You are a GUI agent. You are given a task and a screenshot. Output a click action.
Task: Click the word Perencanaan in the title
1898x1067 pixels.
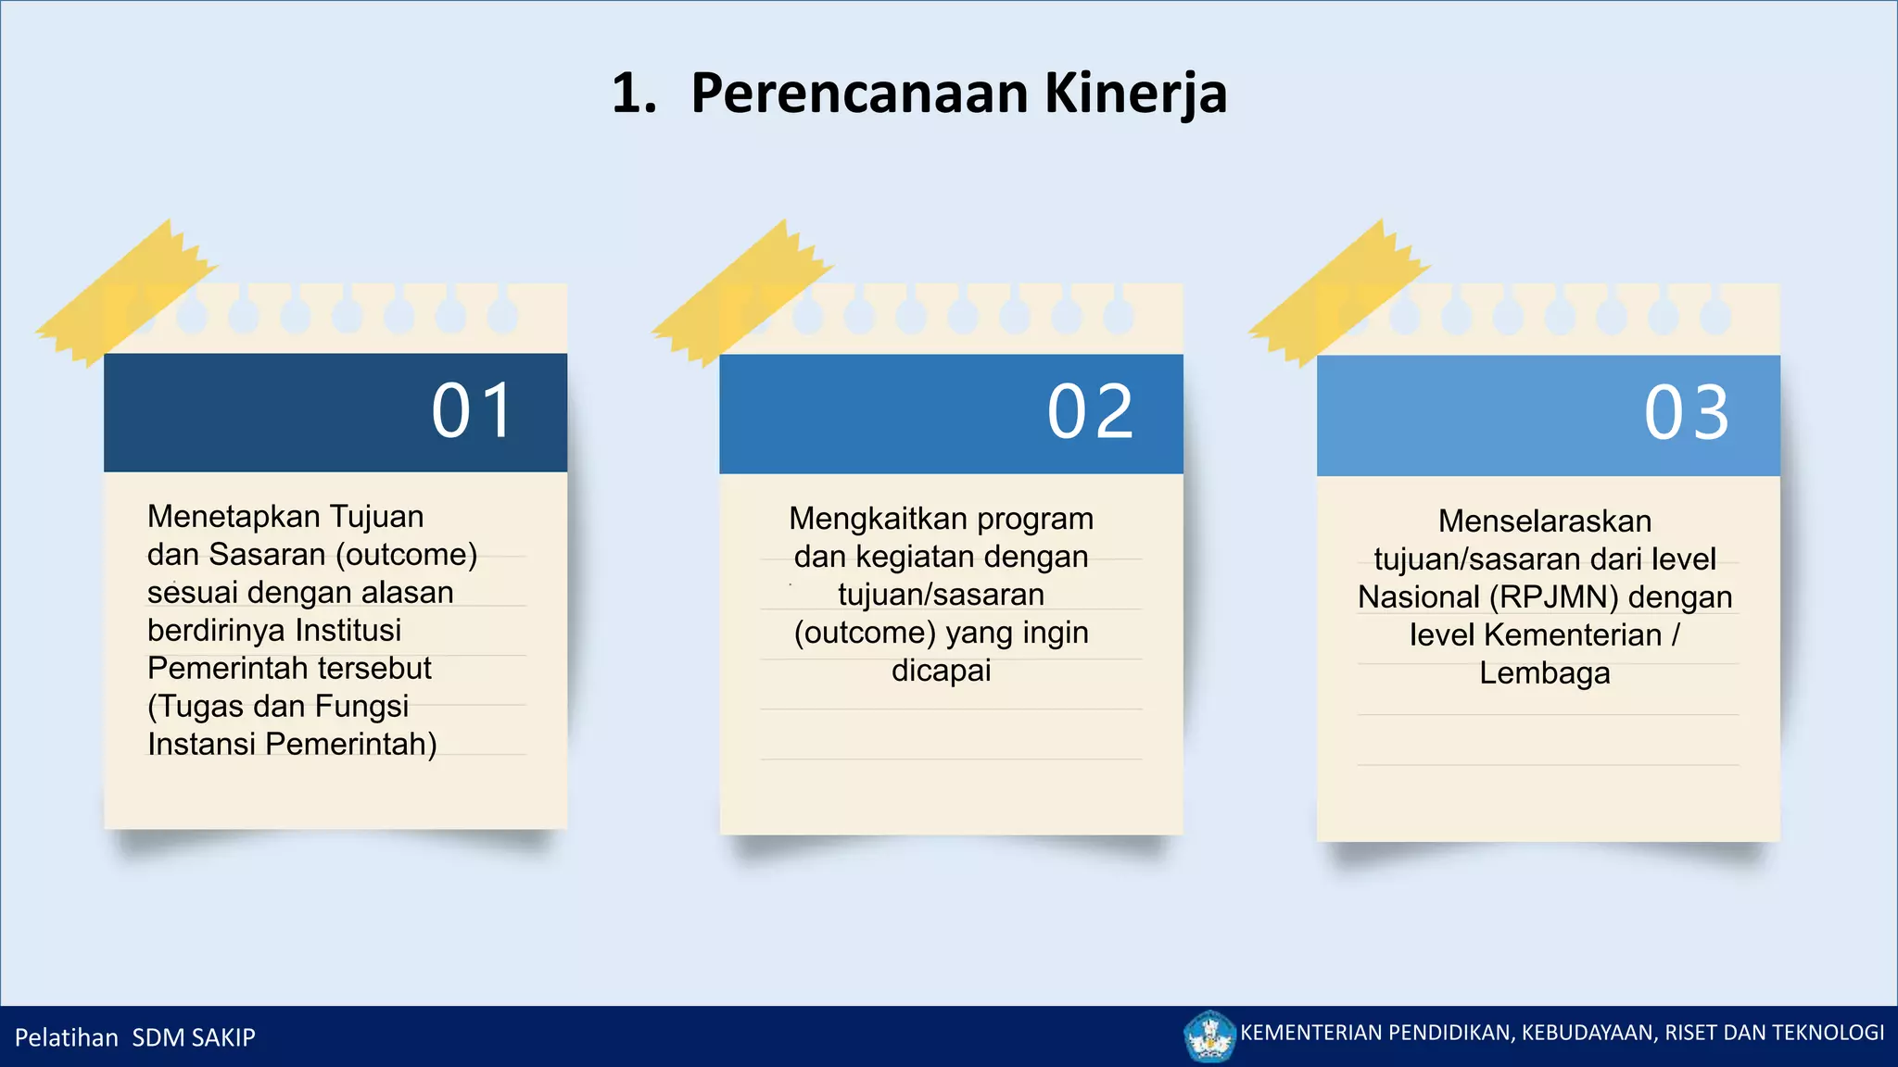click(x=859, y=94)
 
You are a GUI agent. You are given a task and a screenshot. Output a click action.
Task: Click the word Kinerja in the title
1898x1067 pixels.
click(x=1135, y=94)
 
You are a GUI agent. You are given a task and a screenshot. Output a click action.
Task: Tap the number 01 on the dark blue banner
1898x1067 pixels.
click(x=473, y=410)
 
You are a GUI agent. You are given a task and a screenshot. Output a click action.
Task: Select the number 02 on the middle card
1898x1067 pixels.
click(x=1090, y=412)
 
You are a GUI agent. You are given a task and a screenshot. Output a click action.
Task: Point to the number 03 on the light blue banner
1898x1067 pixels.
click(x=1687, y=412)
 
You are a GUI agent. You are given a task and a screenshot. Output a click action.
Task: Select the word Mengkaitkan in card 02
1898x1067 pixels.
click(x=861, y=519)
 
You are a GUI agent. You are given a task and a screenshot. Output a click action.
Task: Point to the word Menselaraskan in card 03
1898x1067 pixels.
click(x=1545, y=521)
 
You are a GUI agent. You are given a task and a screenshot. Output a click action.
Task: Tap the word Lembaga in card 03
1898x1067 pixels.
click(x=1544, y=673)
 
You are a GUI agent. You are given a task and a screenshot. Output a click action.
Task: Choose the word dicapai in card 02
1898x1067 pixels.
click(x=941, y=671)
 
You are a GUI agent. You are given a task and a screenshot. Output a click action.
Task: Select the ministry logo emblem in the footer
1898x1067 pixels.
click(x=1209, y=1036)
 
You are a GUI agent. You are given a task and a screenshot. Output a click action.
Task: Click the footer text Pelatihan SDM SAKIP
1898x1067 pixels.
click(x=135, y=1037)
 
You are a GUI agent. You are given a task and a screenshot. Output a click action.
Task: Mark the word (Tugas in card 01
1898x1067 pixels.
click(x=196, y=707)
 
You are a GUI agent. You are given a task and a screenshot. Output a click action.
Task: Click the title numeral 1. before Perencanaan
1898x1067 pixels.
click(x=634, y=94)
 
